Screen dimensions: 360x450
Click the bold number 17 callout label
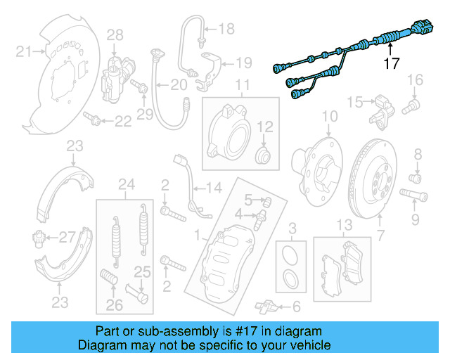[x=392, y=64]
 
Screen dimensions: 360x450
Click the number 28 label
[x=114, y=34]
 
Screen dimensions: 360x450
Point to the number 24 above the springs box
[x=127, y=186]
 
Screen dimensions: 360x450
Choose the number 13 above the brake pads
[x=343, y=225]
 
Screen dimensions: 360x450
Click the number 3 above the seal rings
[x=292, y=226]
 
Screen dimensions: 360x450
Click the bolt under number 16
[x=411, y=108]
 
